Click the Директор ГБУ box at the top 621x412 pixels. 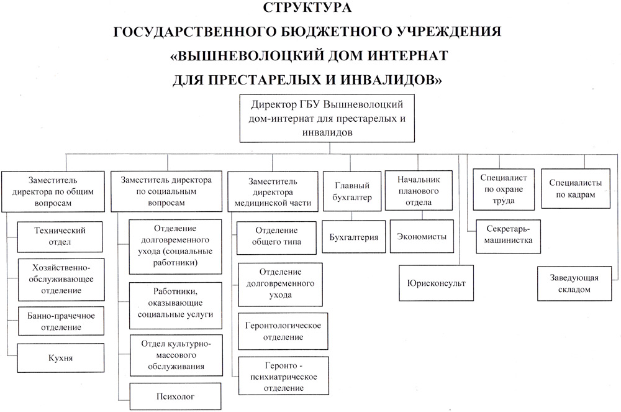pyautogui.click(x=327, y=118)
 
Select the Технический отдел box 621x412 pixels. pyautogui.click(x=60, y=237)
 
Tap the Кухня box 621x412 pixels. pyautogui.click(x=61, y=358)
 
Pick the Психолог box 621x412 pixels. pyautogui.click(x=176, y=396)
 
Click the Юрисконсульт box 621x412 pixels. pyautogui.click(x=436, y=283)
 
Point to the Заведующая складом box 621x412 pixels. pyautogui.click(x=574, y=283)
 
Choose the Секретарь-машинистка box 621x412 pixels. pyautogui.click(x=508, y=237)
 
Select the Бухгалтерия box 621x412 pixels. pyautogui.click(x=354, y=237)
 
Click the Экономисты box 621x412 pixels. pyautogui.click(x=422, y=237)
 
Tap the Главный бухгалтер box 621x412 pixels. pyautogui.click(x=352, y=191)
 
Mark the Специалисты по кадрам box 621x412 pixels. pyautogui.click(x=576, y=188)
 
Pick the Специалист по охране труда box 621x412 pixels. pyautogui.click(x=504, y=190)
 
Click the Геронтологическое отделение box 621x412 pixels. pyautogui.click(x=283, y=331)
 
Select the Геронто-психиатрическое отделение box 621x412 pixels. pyautogui.click(x=284, y=376)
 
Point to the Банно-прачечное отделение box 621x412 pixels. pyautogui.click(x=61, y=321)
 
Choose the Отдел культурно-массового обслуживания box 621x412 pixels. pyautogui.click(x=176, y=355)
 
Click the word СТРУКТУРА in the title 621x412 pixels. pyautogui.click(x=307, y=7)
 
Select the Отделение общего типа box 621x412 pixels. pyautogui.click(x=276, y=237)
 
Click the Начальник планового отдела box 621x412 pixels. pyautogui.click(x=419, y=191)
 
